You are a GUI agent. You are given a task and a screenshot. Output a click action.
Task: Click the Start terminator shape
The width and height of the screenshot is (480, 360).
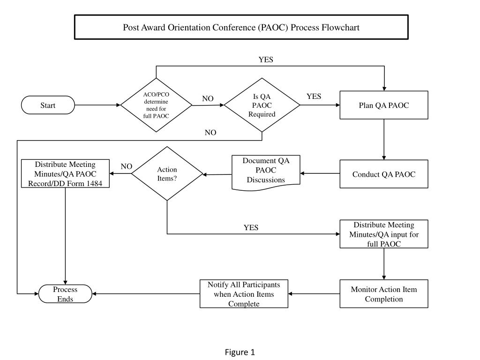point(48,105)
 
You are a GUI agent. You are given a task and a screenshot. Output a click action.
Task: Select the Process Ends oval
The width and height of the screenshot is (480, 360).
point(65,294)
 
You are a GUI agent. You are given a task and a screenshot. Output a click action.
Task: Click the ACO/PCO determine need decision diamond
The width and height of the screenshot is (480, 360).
point(156,105)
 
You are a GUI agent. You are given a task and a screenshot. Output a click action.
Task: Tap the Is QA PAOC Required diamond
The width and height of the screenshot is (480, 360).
point(262,105)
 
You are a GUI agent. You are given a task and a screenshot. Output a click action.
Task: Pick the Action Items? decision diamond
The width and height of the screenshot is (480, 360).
point(167,174)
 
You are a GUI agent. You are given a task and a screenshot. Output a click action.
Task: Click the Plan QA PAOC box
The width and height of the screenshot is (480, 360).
point(383,105)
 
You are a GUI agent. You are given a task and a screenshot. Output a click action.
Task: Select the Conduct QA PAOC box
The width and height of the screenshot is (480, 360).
point(383,174)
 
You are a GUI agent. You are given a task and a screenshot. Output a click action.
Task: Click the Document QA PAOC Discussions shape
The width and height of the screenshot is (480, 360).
point(266,171)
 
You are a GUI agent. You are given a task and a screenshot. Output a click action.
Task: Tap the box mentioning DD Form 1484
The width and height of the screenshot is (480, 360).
point(65,174)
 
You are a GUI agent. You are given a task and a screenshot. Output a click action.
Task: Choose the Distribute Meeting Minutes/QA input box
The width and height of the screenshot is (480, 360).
point(383,234)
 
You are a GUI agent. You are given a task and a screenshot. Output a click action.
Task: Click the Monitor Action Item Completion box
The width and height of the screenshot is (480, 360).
point(383,294)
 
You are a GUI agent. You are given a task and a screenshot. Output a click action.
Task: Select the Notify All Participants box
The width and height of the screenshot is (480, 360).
point(244,294)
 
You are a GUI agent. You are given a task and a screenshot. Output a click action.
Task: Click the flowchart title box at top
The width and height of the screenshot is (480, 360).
point(241,27)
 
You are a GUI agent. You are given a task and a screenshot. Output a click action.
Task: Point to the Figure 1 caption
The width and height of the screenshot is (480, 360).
point(240,352)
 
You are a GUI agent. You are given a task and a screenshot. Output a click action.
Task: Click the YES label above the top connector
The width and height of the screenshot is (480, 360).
point(266,60)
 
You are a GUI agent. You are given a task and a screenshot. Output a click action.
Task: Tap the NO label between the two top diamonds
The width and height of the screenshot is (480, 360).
point(208,98)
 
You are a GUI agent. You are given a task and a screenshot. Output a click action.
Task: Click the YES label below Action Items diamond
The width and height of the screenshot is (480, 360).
point(251,228)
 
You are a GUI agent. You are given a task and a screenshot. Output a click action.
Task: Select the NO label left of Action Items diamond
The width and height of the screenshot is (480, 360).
point(127,166)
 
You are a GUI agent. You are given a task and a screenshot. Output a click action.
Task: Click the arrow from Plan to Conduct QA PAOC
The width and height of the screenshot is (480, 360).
point(384,140)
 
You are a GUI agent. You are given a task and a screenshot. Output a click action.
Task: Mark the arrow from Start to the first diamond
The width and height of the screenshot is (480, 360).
point(97,105)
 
